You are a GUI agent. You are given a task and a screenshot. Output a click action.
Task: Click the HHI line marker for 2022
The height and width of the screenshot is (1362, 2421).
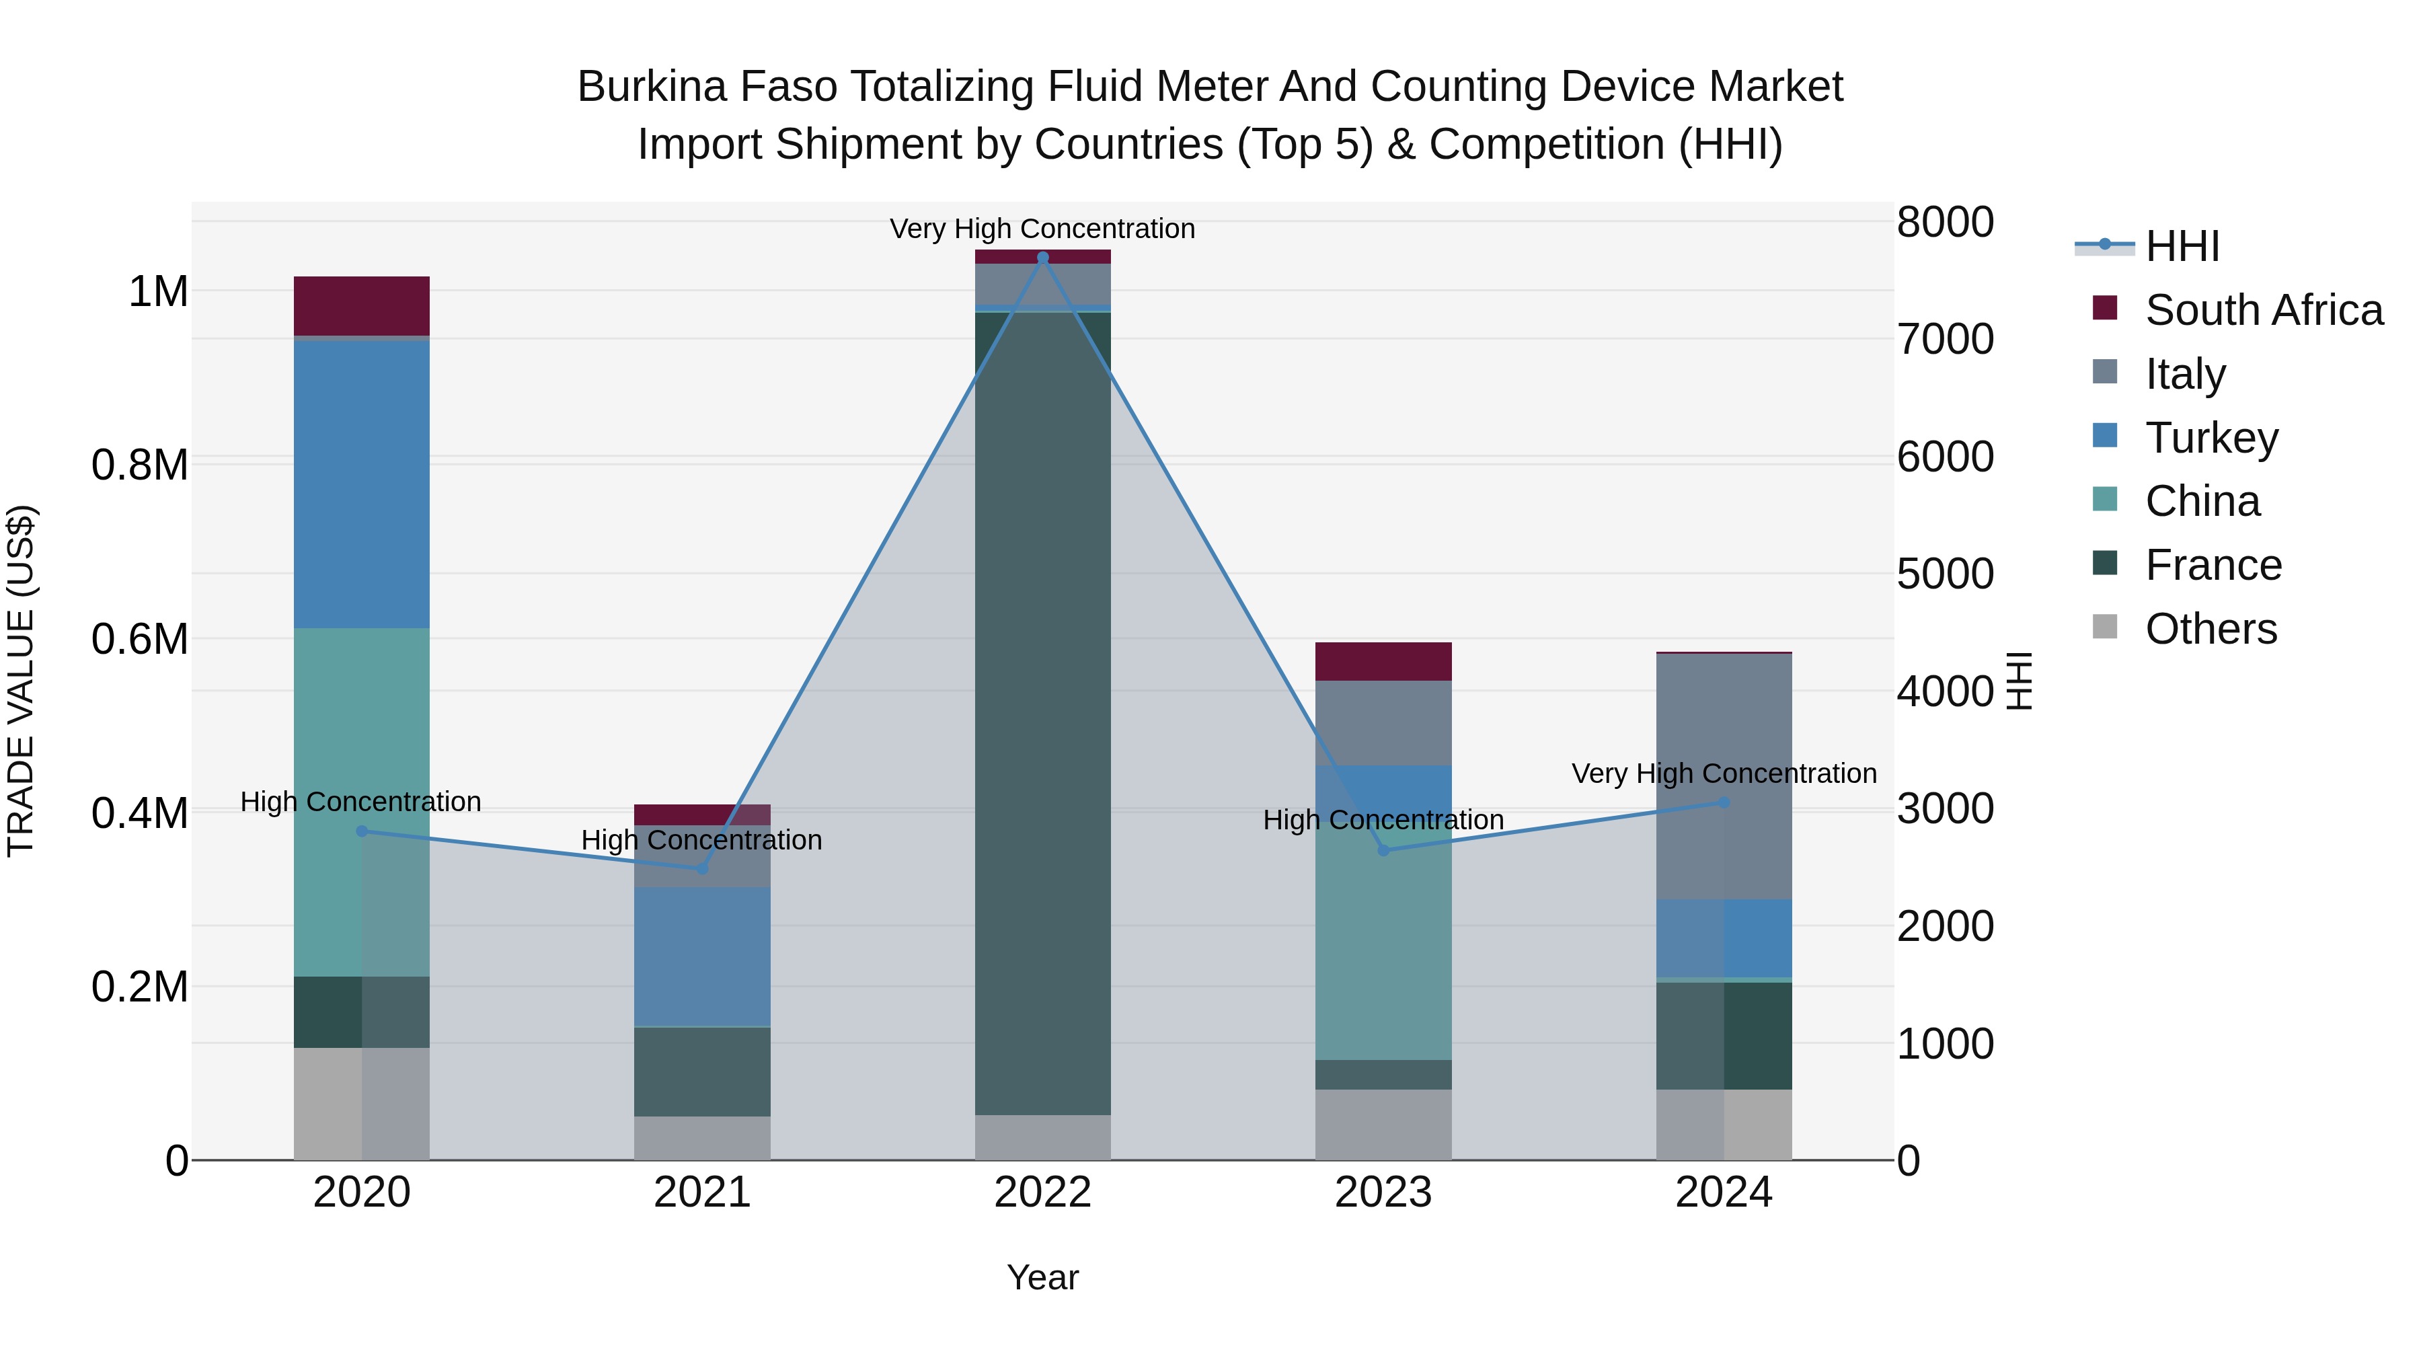tap(1042, 258)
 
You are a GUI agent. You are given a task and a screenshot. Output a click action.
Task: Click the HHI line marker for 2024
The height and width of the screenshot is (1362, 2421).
tap(1724, 802)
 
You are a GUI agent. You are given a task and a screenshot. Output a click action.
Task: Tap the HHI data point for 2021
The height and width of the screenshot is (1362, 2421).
tap(702, 868)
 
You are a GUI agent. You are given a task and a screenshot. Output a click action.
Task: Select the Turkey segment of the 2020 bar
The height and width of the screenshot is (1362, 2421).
tap(362, 484)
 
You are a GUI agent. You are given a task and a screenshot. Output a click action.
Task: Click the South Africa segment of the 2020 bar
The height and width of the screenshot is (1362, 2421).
tap(362, 305)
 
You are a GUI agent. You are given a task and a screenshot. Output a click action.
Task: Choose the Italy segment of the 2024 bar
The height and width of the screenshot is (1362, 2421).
tap(1724, 775)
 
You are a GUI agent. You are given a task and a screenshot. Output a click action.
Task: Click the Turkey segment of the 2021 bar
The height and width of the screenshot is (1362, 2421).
tap(702, 956)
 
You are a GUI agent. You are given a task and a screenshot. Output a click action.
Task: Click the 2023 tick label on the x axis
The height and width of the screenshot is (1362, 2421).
tap(1383, 1193)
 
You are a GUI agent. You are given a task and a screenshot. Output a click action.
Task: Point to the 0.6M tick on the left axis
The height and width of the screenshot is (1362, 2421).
tap(140, 639)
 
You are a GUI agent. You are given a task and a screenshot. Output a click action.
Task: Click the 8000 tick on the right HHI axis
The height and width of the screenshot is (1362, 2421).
tap(1944, 223)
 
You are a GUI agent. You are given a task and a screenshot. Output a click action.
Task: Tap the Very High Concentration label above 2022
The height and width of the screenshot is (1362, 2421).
tap(1042, 229)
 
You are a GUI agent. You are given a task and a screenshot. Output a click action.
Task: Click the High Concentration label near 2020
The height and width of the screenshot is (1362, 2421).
tap(361, 802)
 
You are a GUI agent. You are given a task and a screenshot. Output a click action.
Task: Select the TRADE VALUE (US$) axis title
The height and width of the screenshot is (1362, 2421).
tap(21, 681)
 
